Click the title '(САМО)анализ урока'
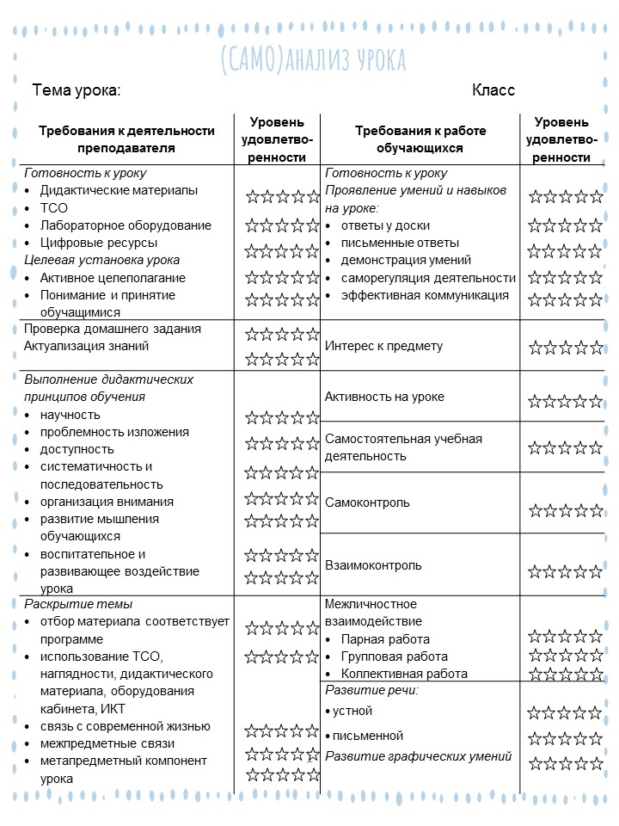pos(313,60)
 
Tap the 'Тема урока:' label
pos(76,90)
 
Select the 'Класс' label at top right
pos(493,90)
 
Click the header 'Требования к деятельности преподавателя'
pos(126,139)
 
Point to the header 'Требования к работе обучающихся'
pos(420,139)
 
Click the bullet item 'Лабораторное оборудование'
pos(126,225)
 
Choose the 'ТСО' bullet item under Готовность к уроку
pos(53,208)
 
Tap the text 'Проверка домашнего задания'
pos(113,329)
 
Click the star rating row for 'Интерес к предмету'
pos(566,348)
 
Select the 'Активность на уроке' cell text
pos(384,397)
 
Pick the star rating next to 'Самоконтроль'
pos(566,511)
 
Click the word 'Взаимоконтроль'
pos(373,565)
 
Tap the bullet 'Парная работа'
pos(385,639)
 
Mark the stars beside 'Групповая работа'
pos(566,656)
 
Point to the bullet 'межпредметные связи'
pos(107,743)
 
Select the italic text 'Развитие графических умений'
pos(419,756)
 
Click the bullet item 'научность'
pos(70,415)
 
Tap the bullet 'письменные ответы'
pos(400,243)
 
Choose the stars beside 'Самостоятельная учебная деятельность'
pos(566,447)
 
